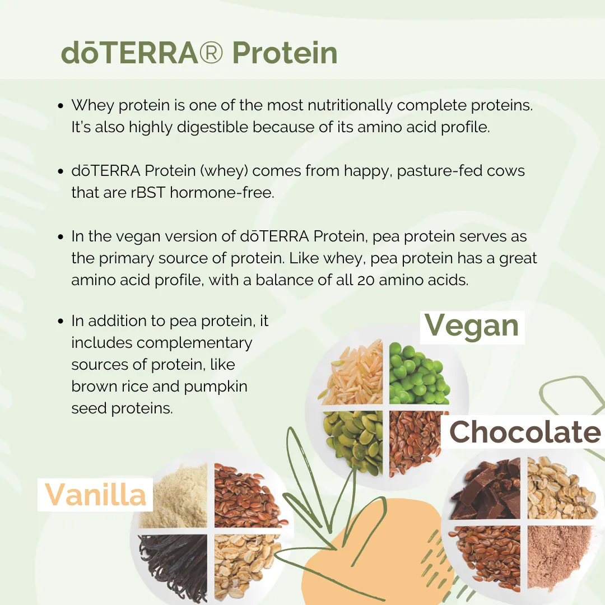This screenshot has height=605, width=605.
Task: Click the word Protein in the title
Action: tap(285, 53)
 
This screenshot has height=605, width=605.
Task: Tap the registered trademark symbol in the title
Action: tap(211, 53)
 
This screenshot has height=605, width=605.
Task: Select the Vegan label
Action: tap(472, 327)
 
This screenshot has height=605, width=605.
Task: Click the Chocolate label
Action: tap(525, 432)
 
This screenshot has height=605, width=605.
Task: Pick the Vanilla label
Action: tap(95, 494)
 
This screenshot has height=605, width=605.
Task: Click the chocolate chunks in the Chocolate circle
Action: tap(487, 488)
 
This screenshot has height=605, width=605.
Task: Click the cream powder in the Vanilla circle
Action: tap(174, 496)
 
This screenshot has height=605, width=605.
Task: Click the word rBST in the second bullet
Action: tap(148, 192)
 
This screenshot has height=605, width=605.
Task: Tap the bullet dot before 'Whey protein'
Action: tap(61, 105)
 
